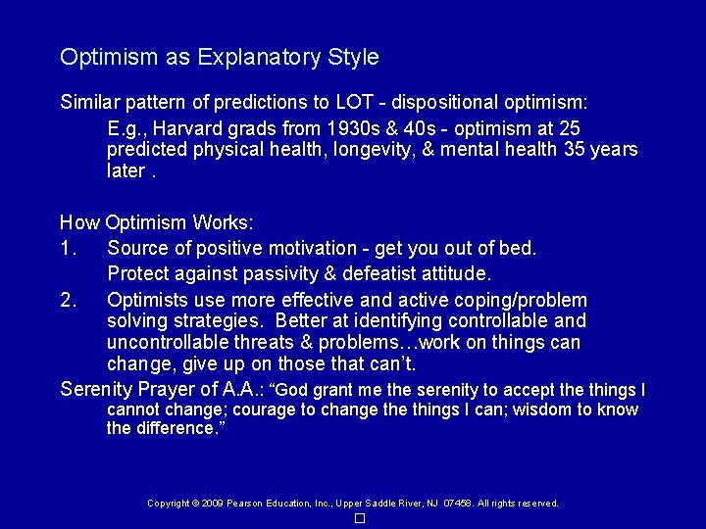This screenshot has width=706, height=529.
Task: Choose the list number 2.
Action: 67,300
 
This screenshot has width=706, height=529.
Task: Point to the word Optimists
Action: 149,300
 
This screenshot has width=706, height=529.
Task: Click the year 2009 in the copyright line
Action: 213,504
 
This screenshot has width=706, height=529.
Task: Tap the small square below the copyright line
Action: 360,518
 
